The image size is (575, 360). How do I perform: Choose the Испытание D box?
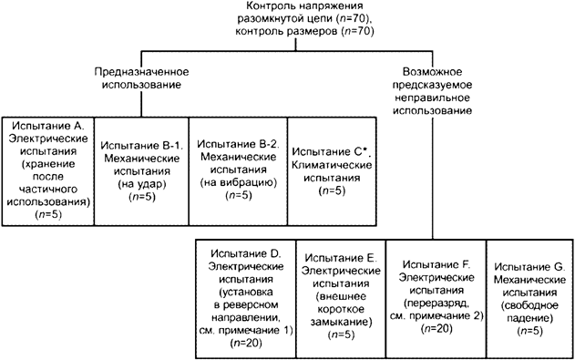click(243, 297)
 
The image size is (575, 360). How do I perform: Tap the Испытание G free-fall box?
click(529, 297)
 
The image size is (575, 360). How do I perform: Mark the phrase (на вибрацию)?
click(237, 183)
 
